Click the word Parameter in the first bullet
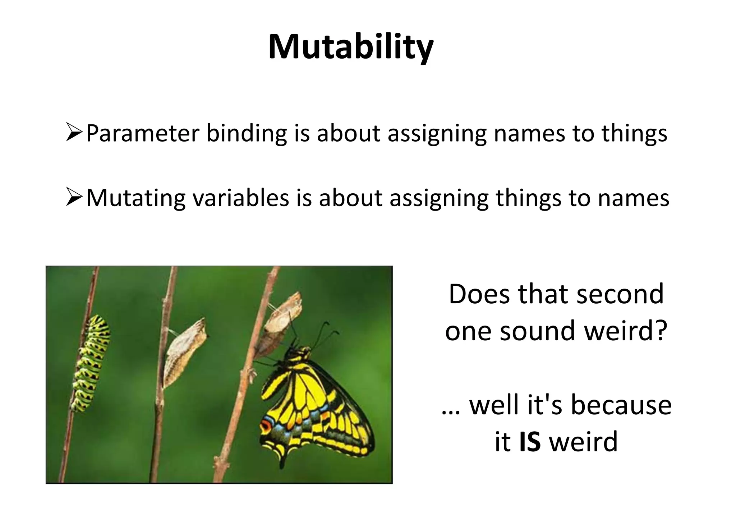tap(142, 133)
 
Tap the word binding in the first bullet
tap(247, 133)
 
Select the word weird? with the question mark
tap(625, 331)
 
